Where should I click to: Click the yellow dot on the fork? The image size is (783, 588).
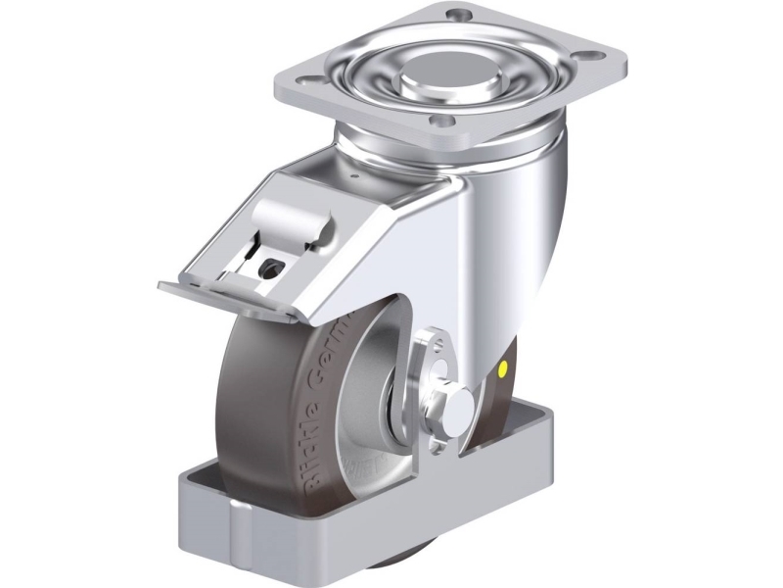click(x=504, y=371)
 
